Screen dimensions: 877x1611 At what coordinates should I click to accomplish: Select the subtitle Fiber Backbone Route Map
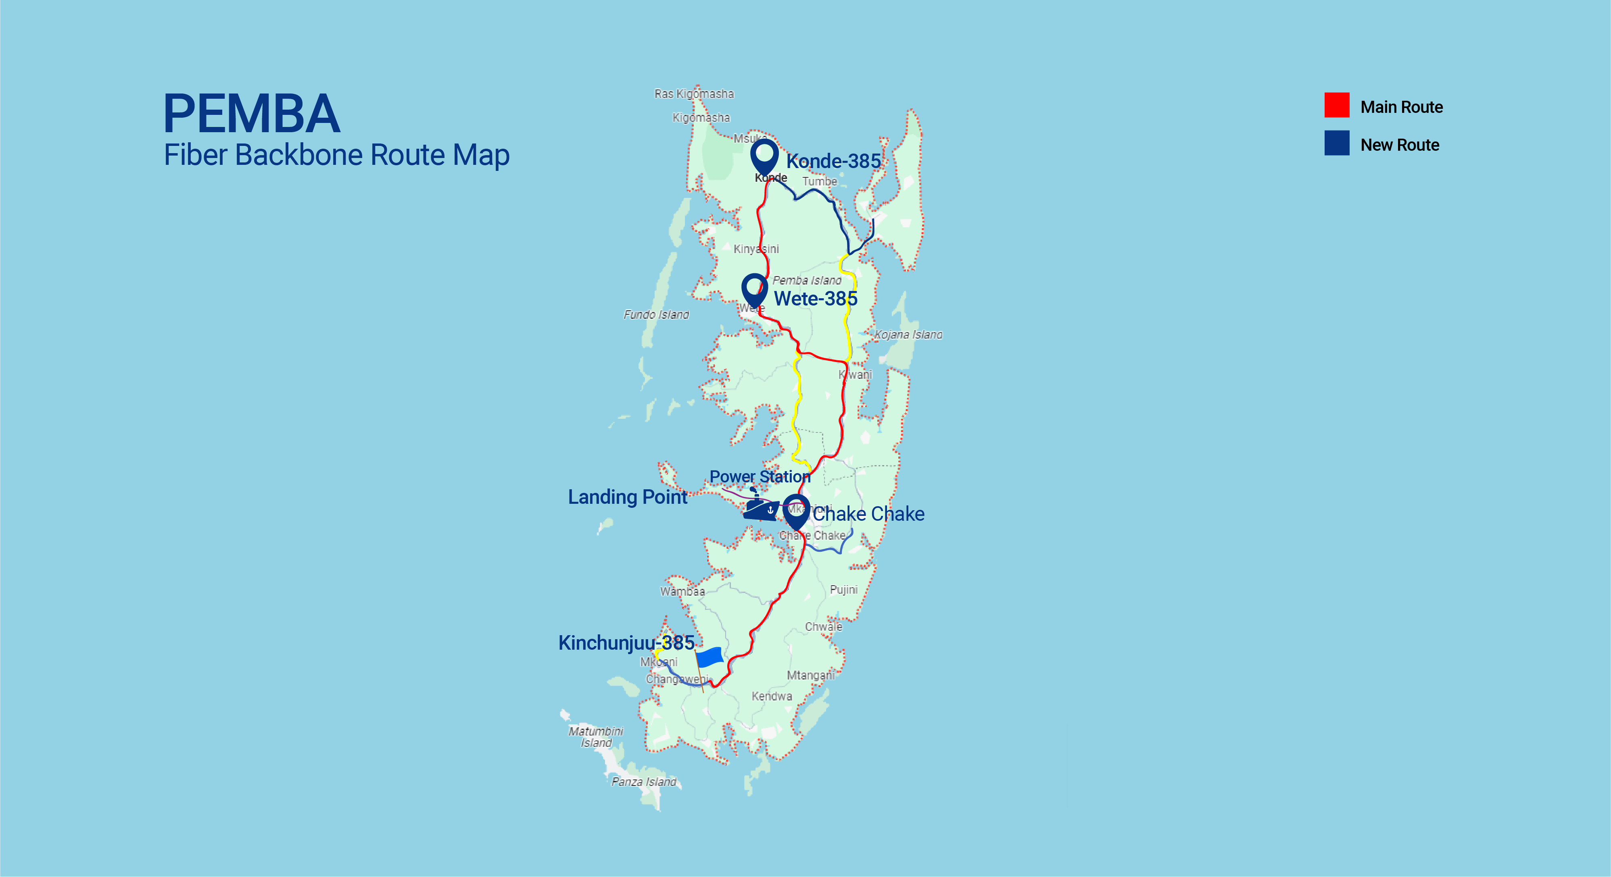336,155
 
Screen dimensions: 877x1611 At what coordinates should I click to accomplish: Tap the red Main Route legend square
1336,105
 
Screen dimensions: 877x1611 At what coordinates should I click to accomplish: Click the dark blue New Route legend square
1336,143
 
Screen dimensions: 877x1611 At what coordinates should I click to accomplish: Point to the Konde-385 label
833,161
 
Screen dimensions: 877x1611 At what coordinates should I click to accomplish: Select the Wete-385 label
816,299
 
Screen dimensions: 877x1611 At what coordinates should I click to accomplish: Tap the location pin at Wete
755,289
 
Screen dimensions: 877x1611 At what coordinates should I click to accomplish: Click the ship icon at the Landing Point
760,507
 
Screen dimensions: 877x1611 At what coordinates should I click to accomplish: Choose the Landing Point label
627,497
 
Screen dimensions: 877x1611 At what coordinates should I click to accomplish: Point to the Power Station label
760,477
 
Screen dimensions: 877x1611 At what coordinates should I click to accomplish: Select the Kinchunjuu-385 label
626,642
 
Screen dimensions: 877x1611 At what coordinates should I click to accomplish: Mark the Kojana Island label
908,335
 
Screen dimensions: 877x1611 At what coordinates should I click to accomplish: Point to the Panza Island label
643,782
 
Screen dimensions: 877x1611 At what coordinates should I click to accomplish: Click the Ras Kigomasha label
694,94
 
